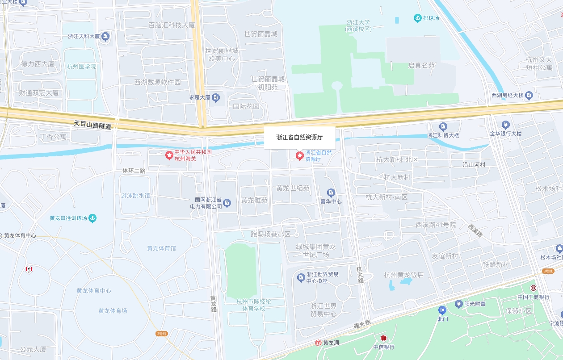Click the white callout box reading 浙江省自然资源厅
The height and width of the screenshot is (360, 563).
[299, 138]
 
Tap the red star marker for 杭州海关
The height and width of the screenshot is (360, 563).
[169, 155]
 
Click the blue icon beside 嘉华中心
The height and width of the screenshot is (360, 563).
[331, 193]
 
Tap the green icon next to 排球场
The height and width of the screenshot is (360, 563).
[417, 18]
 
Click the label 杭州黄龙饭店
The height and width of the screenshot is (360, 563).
[404, 275]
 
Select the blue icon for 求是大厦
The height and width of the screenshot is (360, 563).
[216, 97]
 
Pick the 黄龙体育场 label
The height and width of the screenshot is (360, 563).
[113, 310]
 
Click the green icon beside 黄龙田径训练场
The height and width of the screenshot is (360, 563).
[92, 218]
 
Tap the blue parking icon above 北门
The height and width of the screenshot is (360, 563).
[442, 310]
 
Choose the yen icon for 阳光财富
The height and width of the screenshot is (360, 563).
[458, 304]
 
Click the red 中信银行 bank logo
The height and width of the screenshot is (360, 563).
[383, 338]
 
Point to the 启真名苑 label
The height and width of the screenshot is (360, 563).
[421, 65]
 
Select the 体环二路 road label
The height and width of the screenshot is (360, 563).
[134, 171]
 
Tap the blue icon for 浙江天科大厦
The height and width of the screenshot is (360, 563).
[105, 37]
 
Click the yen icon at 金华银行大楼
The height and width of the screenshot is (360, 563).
[505, 124]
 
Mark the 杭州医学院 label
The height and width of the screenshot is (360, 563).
[81, 67]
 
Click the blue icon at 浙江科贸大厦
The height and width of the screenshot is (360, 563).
[443, 126]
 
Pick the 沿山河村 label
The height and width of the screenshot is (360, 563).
[474, 164]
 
